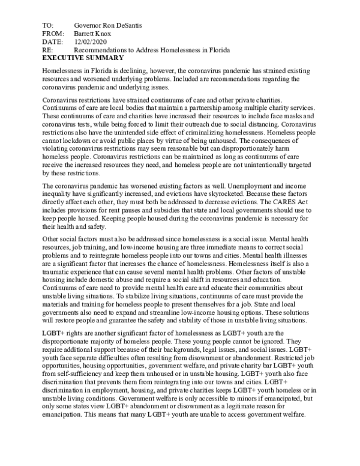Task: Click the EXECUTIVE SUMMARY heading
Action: pyautogui.click(x=83, y=58)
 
